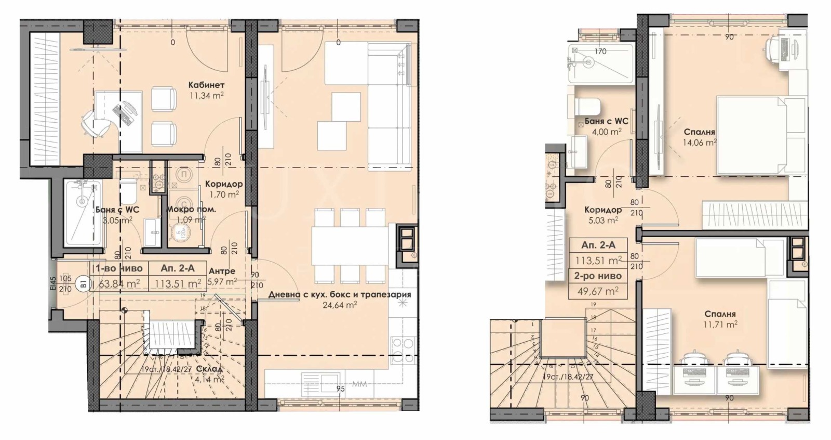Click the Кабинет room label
coord(206,84)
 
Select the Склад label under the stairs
coord(210,369)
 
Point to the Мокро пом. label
coord(191,210)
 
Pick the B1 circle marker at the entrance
coord(82,284)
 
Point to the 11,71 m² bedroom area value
coord(720,324)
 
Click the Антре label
coord(222,271)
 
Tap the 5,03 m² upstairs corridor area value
coord(602,220)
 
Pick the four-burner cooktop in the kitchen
coord(403,349)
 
